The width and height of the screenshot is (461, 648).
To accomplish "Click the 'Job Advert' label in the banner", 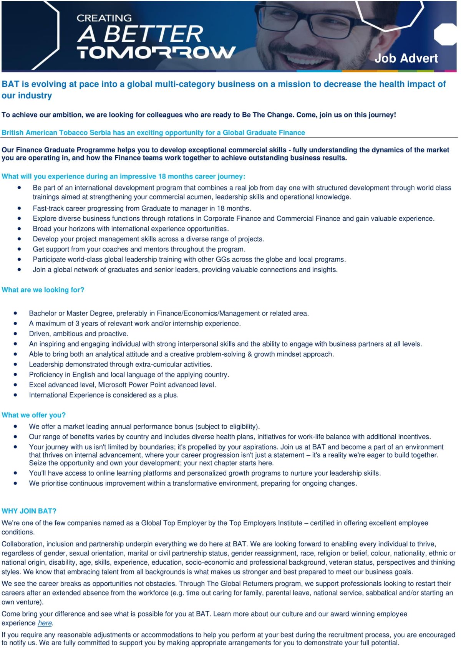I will click(x=406, y=58).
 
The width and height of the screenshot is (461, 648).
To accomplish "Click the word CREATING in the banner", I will click(x=104, y=18).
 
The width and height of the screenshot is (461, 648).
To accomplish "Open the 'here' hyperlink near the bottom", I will click(x=45, y=623).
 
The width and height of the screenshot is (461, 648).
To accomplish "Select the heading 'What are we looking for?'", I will click(x=43, y=290).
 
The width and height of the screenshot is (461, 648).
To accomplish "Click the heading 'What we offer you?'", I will click(x=34, y=415).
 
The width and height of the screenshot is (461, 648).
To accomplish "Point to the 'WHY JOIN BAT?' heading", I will click(x=29, y=511).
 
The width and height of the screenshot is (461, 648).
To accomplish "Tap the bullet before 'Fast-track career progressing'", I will click(x=19, y=208).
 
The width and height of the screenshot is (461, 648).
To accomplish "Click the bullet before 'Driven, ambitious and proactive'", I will click(x=15, y=334).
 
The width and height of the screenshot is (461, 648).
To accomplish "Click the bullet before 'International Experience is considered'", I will click(x=15, y=395).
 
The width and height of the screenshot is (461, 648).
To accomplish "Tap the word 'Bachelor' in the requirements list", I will click(x=42, y=313).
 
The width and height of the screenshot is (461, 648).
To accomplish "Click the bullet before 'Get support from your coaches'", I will click(x=19, y=249).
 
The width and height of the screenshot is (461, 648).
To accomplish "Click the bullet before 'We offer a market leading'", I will click(x=15, y=426).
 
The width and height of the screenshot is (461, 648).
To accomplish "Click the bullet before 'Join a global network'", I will click(x=19, y=269).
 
